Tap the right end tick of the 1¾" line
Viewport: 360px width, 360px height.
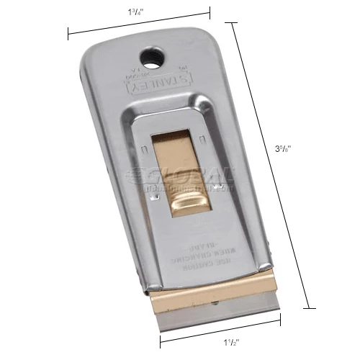210,10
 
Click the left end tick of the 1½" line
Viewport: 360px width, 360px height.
160,340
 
